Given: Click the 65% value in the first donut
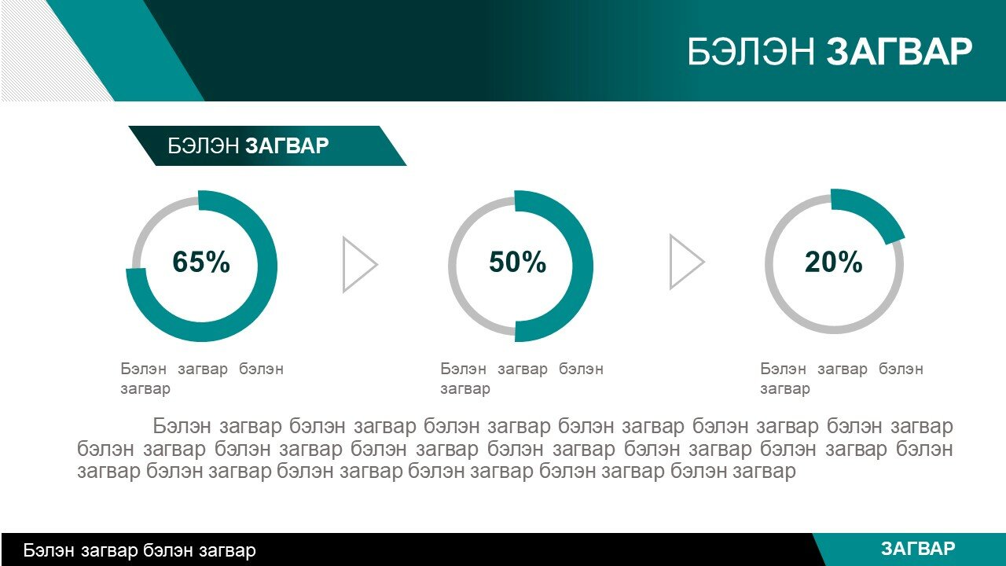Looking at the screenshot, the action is click(201, 262).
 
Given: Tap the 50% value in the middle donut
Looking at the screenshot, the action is click(517, 262).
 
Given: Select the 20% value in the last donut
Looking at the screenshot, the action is click(834, 262).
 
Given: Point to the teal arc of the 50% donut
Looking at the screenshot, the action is click(582, 265).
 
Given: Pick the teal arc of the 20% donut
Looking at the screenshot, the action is click(873, 211).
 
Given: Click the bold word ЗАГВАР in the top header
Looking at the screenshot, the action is click(899, 52).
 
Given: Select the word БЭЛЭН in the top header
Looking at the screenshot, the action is click(751, 52).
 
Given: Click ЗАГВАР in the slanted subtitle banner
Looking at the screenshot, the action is click(288, 145).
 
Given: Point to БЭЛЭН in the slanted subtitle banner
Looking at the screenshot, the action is click(203, 145).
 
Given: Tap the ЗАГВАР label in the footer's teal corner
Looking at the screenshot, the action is click(918, 549).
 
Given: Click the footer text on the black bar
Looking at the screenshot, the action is click(139, 550).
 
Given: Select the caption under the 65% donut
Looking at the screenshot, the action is click(202, 379).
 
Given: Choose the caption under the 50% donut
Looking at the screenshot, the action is click(522, 379).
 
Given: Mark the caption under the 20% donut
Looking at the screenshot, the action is click(842, 379).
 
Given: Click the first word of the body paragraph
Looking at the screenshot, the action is click(182, 426).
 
